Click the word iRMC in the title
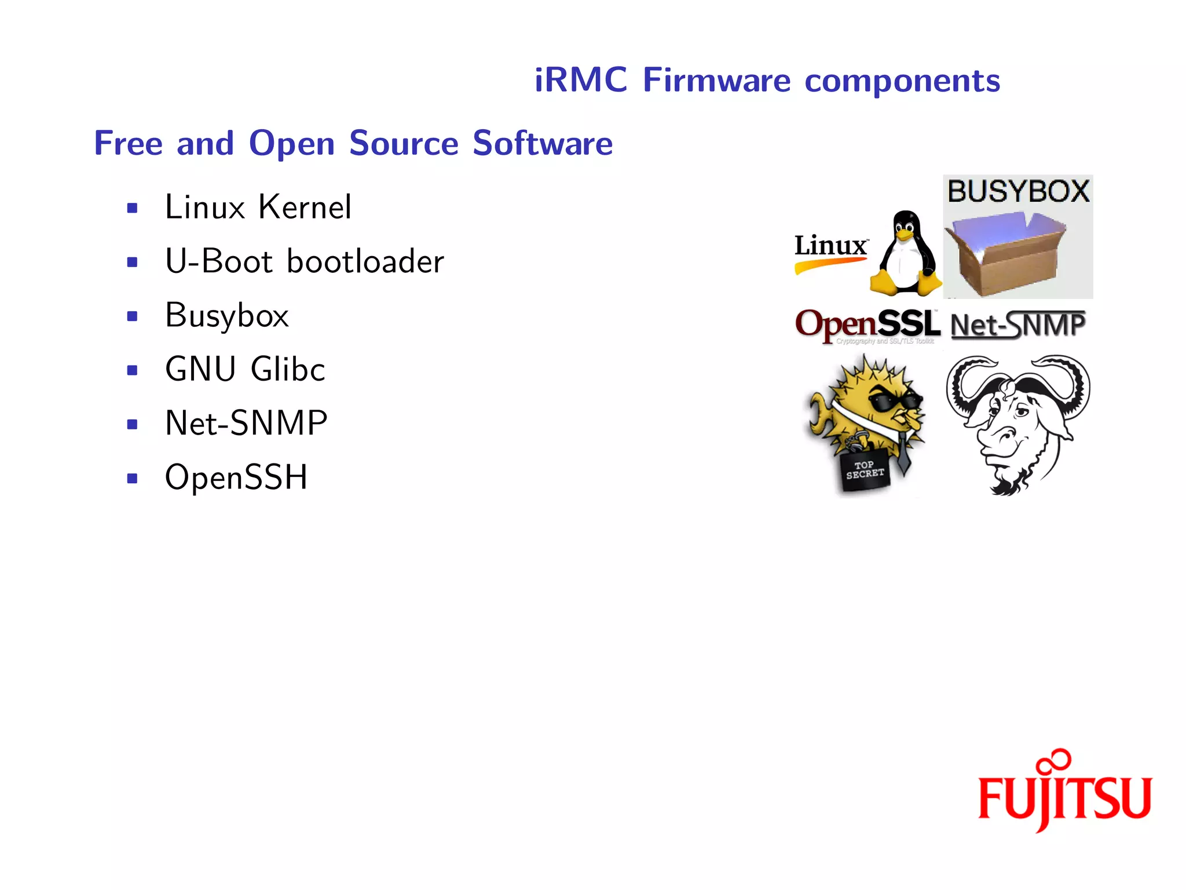580,80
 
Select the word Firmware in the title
716,80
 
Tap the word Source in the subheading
404,143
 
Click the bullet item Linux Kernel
258,207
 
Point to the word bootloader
365,261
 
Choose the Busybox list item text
226,316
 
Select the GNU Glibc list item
245,369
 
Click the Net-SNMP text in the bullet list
246,423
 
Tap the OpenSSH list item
236,477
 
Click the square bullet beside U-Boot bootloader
133,262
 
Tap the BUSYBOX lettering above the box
1018,191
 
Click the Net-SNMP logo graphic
1018,325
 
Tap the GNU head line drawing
1017,423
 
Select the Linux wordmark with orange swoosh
830,252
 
